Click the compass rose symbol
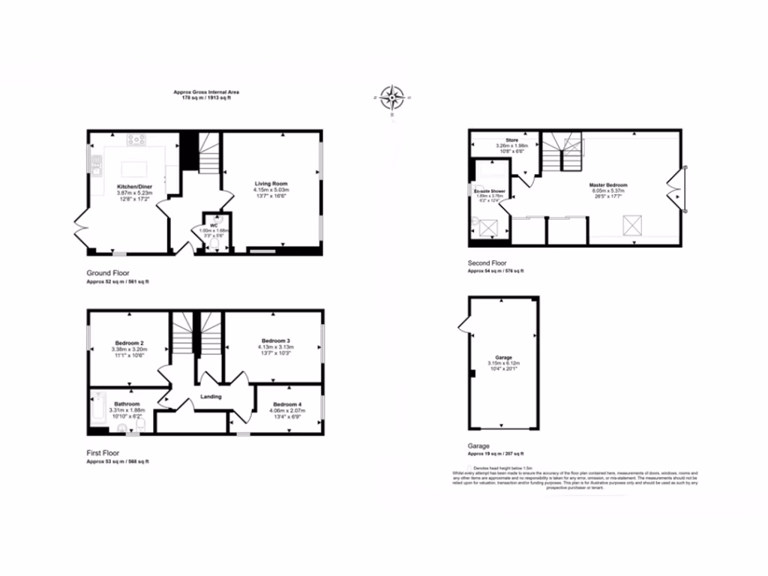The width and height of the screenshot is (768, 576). [391, 97]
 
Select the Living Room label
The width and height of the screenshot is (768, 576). [271, 184]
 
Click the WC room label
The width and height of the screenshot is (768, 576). [214, 224]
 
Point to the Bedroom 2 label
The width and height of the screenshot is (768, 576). [129, 343]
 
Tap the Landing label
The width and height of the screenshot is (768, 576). [211, 396]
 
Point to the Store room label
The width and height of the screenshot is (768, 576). [512, 139]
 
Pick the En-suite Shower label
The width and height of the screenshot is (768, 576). [488, 193]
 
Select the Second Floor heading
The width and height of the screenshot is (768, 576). [487, 262]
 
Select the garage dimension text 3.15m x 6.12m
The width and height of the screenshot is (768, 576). [504, 364]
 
